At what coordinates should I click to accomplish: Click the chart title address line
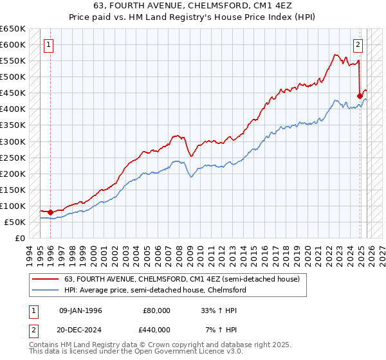(193, 7)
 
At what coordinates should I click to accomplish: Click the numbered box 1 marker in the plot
(50, 45)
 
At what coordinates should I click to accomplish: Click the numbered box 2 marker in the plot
(358, 45)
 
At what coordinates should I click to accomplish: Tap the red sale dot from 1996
(51, 212)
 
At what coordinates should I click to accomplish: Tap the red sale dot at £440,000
(360, 96)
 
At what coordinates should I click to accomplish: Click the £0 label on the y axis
(19, 238)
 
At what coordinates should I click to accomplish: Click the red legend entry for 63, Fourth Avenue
(172, 279)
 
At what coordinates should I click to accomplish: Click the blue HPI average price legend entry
(154, 291)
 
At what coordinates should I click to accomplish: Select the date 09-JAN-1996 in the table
(80, 310)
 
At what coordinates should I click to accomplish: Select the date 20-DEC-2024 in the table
(80, 329)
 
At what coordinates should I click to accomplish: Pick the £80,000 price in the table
(157, 310)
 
